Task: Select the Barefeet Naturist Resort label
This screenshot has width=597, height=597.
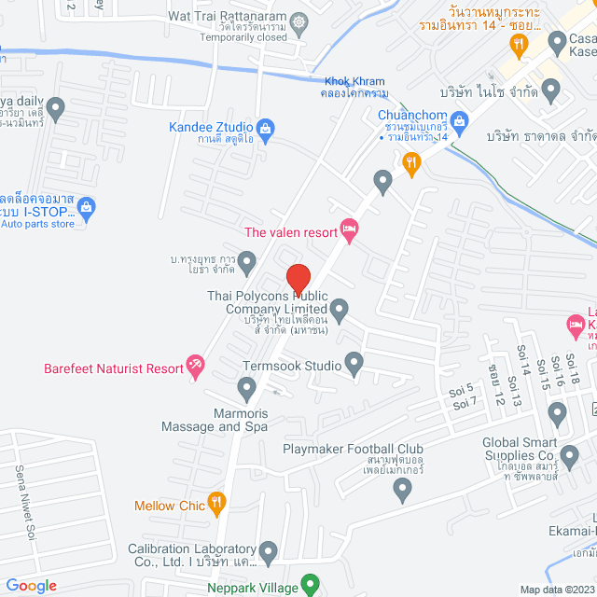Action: click(x=114, y=368)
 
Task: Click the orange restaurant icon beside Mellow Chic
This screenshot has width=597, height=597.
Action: click(x=217, y=505)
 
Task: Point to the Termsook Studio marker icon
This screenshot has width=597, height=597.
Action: click(x=354, y=362)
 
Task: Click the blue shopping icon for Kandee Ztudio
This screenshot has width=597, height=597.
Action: click(x=265, y=128)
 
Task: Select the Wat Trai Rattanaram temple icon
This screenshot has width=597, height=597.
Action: click(x=298, y=20)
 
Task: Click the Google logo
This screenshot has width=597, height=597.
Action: click(x=31, y=585)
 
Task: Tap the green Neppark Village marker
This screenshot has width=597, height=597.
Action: click(x=312, y=587)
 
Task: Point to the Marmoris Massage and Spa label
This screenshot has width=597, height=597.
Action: click(x=215, y=419)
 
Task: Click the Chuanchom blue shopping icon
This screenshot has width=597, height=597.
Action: click(x=459, y=119)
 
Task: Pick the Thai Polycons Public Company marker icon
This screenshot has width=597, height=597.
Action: click(x=340, y=309)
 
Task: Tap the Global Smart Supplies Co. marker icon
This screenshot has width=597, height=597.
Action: click(x=558, y=411)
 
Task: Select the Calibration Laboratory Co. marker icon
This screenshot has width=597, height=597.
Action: click(x=269, y=550)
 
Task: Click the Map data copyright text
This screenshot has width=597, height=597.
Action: click(x=556, y=589)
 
